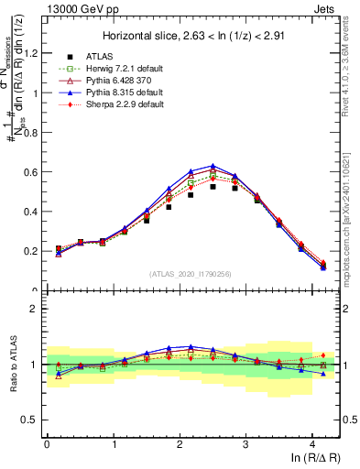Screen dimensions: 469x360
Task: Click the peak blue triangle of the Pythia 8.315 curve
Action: point(213,166)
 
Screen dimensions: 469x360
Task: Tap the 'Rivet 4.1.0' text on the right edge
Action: point(351,50)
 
